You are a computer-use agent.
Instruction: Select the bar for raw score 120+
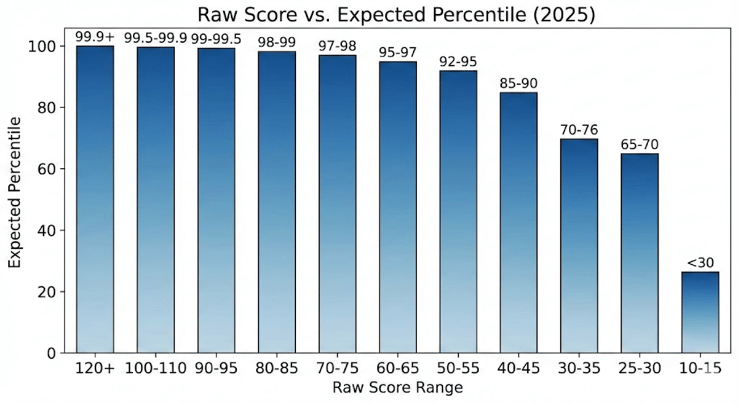(95, 200)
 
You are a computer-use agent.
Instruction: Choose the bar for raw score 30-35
(579, 246)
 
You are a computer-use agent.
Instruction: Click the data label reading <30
(700, 263)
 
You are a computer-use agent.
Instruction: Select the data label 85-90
(518, 84)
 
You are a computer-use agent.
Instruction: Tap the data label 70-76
(579, 130)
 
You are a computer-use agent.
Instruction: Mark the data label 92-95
(458, 62)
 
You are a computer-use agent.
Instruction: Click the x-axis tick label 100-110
(156, 370)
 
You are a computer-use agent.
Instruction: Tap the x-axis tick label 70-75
(337, 370)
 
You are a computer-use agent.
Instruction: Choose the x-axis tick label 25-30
(640, 370)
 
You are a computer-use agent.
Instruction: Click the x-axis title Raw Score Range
(397, 388)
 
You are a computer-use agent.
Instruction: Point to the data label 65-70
(640, 145)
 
